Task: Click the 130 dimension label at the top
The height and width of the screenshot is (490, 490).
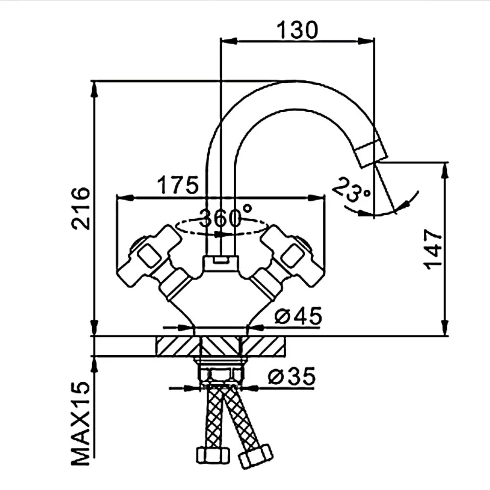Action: click(x=297, y=30)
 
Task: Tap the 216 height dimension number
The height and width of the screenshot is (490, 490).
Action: click(x=81, y=208)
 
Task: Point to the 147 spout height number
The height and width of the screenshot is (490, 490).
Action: click(x=433, y=249)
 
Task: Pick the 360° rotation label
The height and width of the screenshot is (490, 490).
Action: click(x=225, y=216)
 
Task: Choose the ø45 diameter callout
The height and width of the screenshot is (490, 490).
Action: click(x=298, y=316)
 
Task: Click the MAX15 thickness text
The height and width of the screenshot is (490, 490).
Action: click(x=81, y=423)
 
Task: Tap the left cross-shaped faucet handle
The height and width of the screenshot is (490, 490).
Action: click(x=150, y=256)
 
